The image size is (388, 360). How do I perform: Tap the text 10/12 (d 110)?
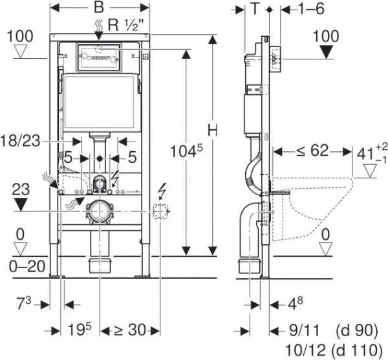(330, 350)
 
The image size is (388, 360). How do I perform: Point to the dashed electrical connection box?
(160, 209)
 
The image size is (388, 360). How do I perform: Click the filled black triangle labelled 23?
(20, 206)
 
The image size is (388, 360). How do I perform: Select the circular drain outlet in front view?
(99, 210)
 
